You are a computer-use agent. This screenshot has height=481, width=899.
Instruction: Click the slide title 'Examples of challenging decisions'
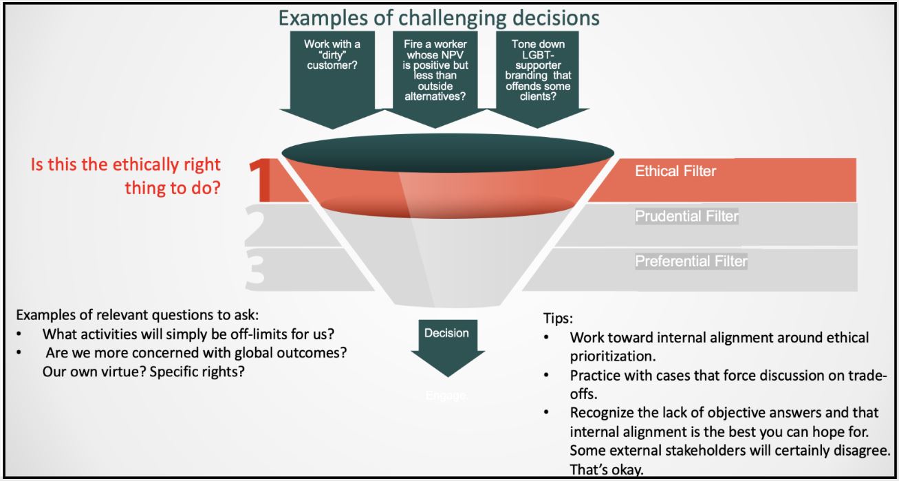coord(439,17)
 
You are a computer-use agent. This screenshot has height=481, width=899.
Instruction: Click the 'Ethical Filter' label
coord(675,171)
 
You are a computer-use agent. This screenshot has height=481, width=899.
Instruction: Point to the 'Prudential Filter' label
coord(686,217)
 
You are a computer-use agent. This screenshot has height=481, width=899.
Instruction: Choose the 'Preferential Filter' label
coord(691,261)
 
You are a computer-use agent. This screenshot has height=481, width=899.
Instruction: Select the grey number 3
coord(255,270)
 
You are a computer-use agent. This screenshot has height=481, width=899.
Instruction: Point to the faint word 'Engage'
coord(446,396)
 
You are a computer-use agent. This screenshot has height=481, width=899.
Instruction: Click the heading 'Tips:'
coord(558,320)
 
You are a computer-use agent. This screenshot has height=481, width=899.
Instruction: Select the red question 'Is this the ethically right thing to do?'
coord(126,176)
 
